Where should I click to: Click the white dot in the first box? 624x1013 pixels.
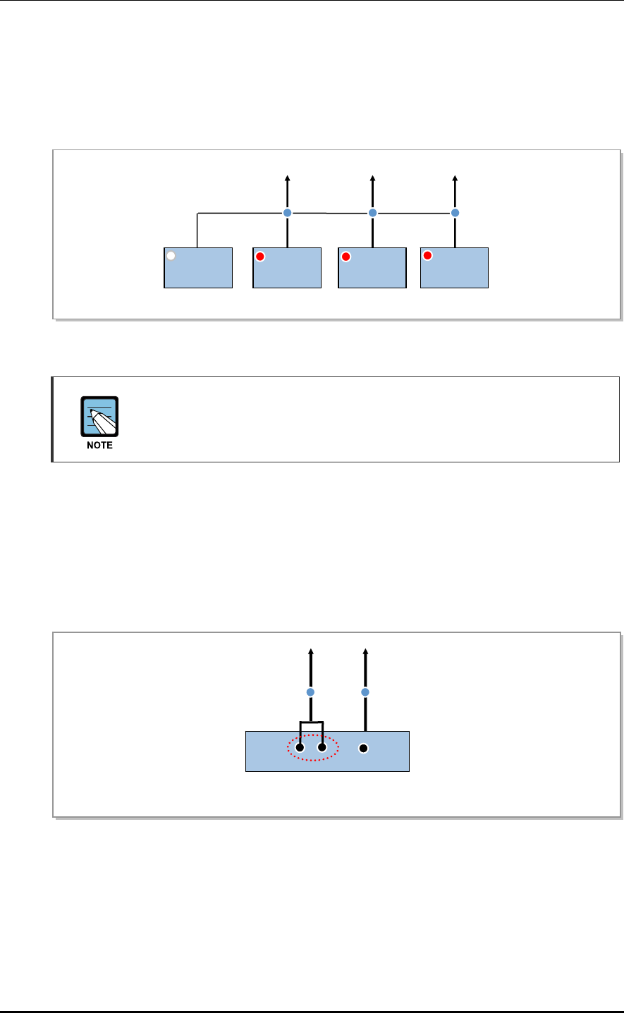point(171,257)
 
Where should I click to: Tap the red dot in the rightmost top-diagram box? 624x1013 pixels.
point(427,256)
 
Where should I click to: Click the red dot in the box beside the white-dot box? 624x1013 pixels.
point(260,257)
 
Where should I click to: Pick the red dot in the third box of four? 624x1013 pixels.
point(345,257)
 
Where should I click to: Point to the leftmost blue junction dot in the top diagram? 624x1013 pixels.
point(287,212)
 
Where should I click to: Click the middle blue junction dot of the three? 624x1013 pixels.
point(373,212)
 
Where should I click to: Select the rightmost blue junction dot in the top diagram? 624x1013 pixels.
point(455,212)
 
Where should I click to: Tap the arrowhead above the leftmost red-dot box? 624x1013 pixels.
point(287,179)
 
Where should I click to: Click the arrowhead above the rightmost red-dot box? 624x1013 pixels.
point(455,179)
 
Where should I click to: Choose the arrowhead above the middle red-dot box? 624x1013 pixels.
point(372,179)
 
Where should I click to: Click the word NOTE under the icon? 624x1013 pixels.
point(99,446)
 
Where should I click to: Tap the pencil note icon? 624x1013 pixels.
point(99,418)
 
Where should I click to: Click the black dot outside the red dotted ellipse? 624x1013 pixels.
point(364,748)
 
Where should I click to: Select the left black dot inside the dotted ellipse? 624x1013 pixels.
point(300,748)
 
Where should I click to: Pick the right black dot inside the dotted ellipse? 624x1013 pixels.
point(322,748)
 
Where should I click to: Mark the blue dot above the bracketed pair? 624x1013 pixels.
point(311,692)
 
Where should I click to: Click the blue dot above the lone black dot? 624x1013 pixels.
point(365,692)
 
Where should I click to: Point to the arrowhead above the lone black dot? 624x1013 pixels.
point(365,651)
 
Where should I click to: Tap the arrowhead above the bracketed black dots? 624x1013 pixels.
point(311,651)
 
